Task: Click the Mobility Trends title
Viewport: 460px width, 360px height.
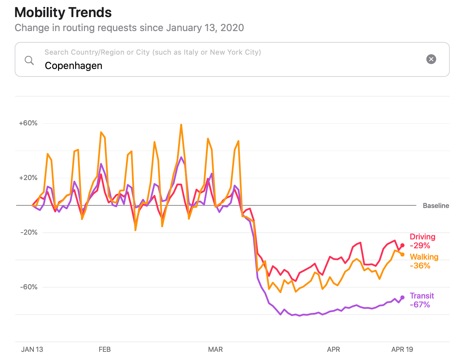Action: [x=63, y=13]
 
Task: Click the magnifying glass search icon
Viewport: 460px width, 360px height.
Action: [x=29, y=60]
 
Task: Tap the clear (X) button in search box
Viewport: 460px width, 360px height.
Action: [x=431, y=59]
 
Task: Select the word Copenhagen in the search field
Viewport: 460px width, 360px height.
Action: [x=73, y=66]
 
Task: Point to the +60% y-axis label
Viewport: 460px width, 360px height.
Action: [x=28, y=123]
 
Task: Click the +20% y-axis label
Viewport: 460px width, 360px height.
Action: [x=28, y=178]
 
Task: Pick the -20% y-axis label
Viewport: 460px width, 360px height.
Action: [x=29, y=233]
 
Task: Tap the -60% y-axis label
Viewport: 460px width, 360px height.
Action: [x=29, y=287]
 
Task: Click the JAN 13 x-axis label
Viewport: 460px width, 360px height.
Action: [x=32, y=349]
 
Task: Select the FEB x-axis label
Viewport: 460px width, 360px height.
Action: [x=104, y=349]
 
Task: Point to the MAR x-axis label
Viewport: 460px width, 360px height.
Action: [x=215, y=349]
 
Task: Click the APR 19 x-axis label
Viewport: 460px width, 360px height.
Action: [x=402, y=349]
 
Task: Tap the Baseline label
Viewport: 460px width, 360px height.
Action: [x=436, y=206]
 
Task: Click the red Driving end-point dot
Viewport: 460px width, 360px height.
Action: [x=402, y=245]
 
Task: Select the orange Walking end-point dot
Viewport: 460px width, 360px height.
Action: [x=402, y=254]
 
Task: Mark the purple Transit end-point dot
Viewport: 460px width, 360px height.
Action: [x=402, y=297]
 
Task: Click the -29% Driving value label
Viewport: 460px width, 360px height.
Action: [x=420, y=246]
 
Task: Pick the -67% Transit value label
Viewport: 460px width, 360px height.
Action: [x=420, y=305]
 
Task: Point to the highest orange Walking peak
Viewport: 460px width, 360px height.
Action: [x=181, y=125]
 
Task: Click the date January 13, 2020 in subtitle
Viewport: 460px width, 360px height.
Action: [x=205, y=28]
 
